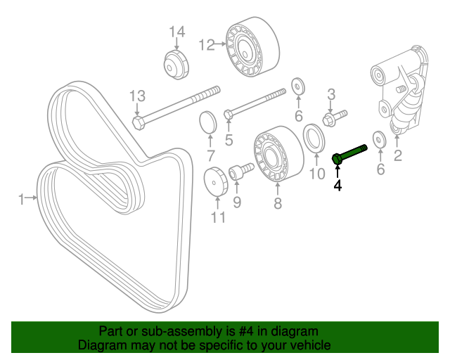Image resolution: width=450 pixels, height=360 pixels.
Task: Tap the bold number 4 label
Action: click(337, 186)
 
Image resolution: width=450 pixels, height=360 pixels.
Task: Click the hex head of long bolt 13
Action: click(139, 123)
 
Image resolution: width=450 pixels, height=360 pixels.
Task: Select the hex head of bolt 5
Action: click(228, 114)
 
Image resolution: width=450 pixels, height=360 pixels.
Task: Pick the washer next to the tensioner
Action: click(378, 138)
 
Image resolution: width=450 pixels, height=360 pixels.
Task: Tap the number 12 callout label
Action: click(206, 45)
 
